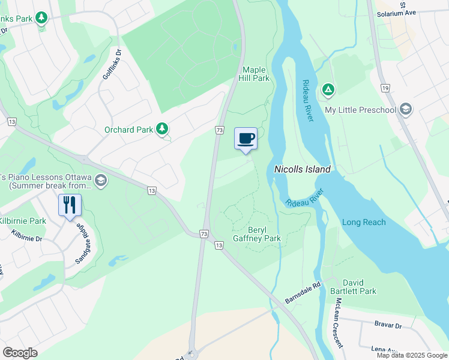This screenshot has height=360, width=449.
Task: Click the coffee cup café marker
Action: (x=246, y=139)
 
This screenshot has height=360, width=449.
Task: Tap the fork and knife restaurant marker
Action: (x=70, y=205)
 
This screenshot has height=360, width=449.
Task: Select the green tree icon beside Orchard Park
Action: (x=161, y=129)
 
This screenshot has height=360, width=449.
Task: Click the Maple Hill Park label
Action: (x=256, y=74)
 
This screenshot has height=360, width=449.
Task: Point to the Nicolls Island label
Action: (x=303, y=170)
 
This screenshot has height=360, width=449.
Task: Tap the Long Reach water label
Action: (x=364, y=223)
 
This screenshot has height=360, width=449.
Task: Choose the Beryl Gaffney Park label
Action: (x=265, y=234)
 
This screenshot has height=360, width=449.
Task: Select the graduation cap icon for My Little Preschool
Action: (x=406, y=109)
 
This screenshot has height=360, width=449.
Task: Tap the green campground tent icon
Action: (x=328, y=91)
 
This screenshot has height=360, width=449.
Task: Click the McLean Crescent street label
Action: (x=339, y=323)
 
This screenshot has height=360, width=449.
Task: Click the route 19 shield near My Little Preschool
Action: (x=384, y=88)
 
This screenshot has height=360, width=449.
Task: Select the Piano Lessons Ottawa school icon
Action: (x=100, y=181)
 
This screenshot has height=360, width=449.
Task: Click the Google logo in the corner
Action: (x=20, y=353)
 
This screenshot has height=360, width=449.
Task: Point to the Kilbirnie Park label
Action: (x=23, y=221)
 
